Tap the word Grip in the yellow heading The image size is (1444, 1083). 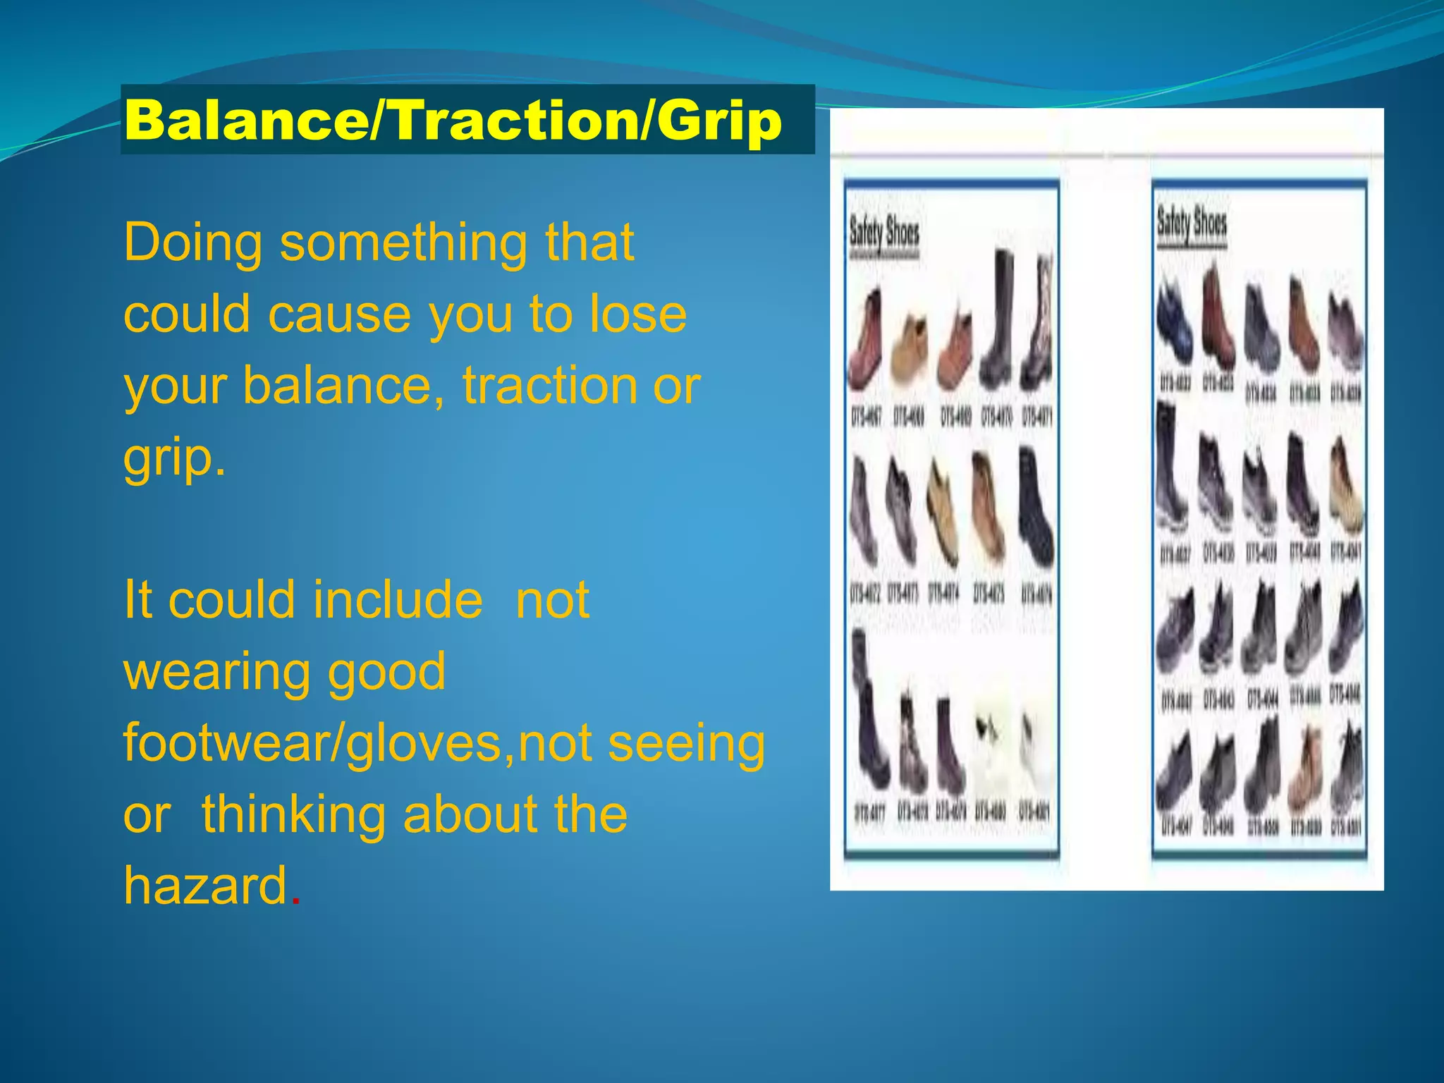point(719,121)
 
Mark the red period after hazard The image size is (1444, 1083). point(296,901)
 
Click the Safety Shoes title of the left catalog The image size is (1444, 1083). point(884,233)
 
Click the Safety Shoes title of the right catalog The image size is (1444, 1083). point(1192,224)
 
